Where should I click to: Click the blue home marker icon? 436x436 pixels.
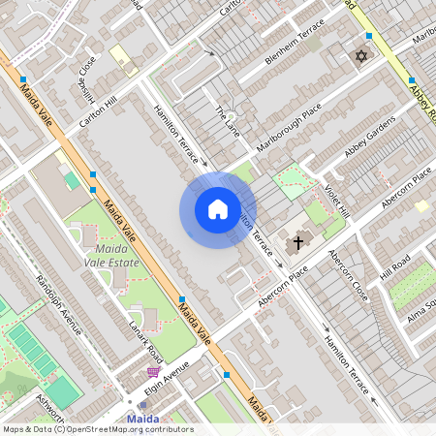218,208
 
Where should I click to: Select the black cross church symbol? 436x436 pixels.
298,242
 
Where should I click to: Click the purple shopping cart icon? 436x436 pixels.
153,371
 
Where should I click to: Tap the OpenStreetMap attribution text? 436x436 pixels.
98,429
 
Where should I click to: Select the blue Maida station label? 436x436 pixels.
144,419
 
